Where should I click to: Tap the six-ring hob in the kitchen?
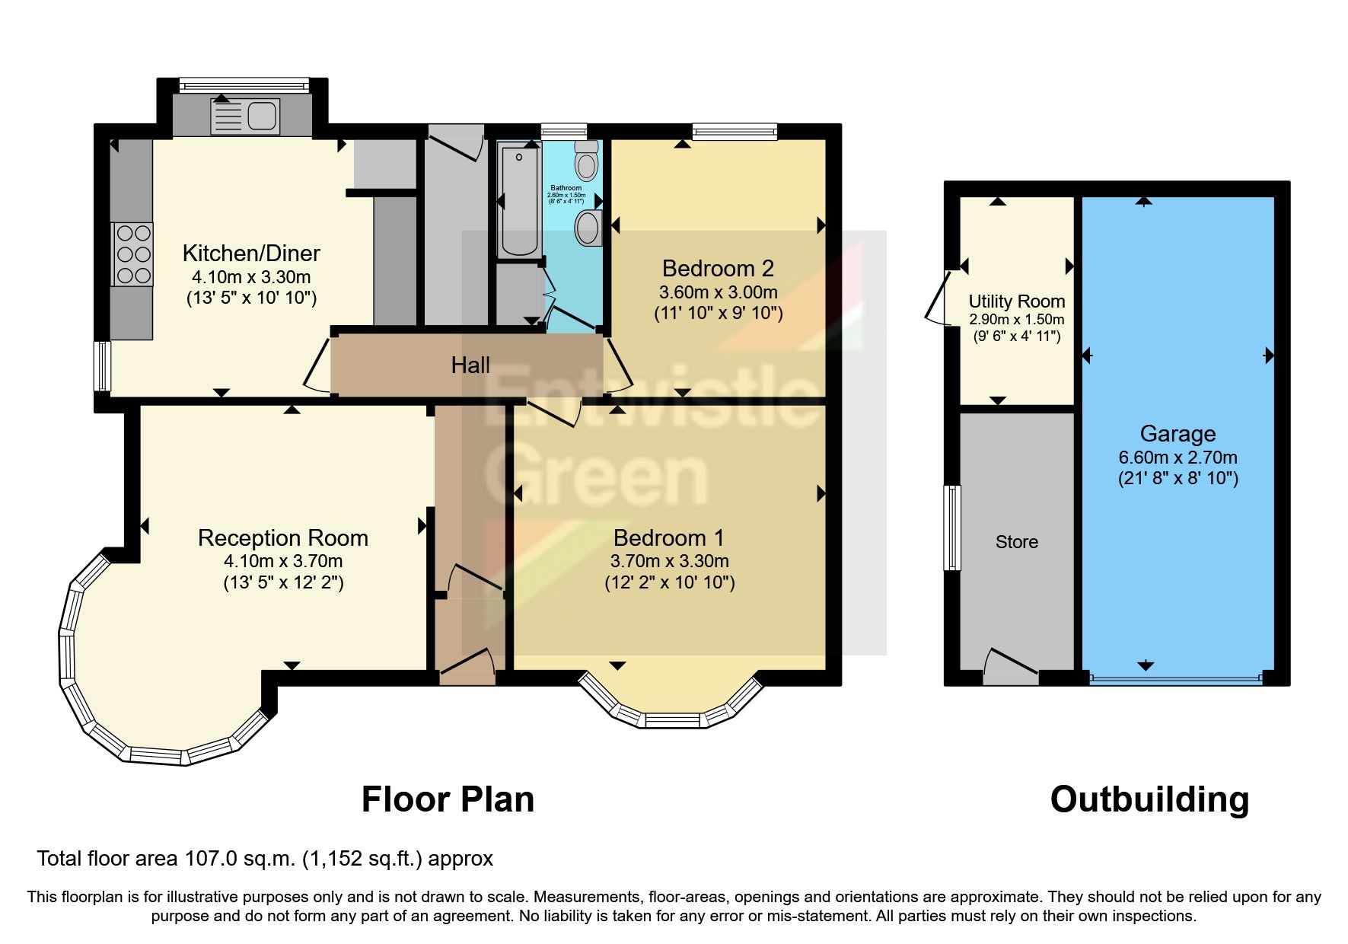pyautogui.click(x=133, y=254)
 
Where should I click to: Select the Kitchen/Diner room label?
pyautogui.click(x=251, y=253)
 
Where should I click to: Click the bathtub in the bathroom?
pyautogui.click(x=519, y=201)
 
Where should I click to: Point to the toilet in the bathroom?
pyautogui.click(x=587, y=162)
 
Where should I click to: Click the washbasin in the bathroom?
pyautogui.click(x=588, y=228)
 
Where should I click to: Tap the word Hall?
pyautogui.click(x=470, y=365)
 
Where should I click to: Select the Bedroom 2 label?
pyautogui.click(x=718, y=268)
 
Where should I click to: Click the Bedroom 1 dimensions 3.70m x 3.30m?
pyautogui.click(x=669, y=562)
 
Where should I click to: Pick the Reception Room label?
pyautogui.click(x=283, y=538)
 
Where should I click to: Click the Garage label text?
pyautogui.click(x=1178, y=434)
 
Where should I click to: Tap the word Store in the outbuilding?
pyautogui.click(x=1016, y=542)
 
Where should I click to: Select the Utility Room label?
pyautogui.click(x=1016, y=301)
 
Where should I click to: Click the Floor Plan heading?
pyautogui.click(x=448, y=800)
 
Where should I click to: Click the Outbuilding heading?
pyautogui.click(x=1149, y=800)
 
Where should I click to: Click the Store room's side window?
pyautogui.click(x=951, y=528)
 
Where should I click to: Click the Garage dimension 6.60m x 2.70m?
pyautogui.click(x=1178, y=458)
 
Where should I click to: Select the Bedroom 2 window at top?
pyautogui.click(x=735, y=131)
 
